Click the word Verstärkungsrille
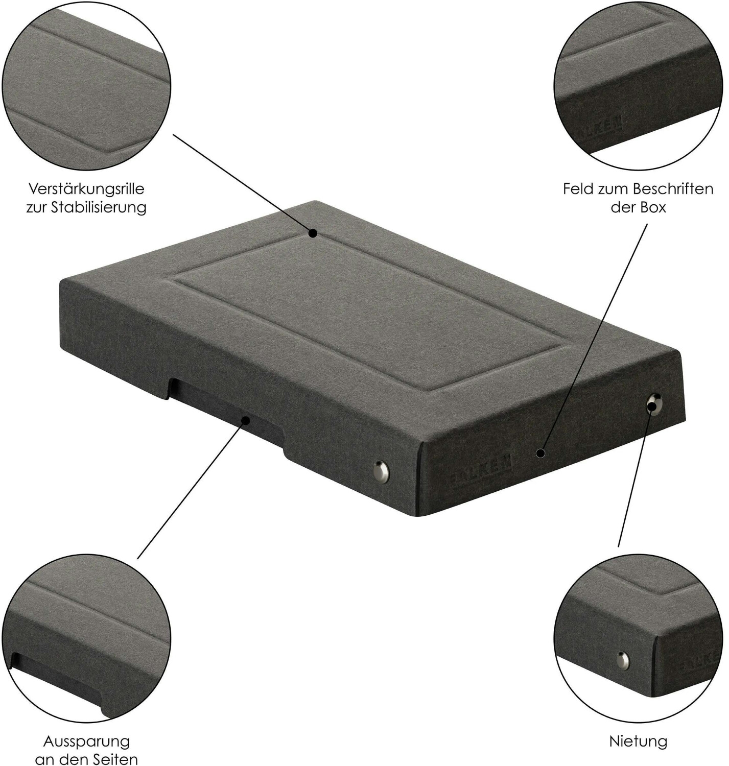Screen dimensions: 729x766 (x=86, y=189)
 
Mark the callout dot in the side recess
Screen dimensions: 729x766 (x=246, y=420)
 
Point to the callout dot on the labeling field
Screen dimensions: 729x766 (x=540, y=453)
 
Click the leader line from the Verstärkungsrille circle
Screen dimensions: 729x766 (x=243, y=184)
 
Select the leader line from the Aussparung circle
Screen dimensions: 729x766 (x=192, y=490)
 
